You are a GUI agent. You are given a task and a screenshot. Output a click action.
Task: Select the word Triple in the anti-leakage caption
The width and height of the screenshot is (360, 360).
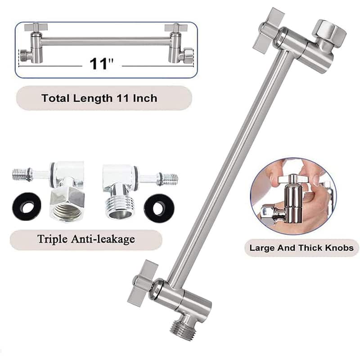coord(51,239)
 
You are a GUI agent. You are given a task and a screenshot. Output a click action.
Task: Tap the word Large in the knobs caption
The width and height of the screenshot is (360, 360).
coord(261,247)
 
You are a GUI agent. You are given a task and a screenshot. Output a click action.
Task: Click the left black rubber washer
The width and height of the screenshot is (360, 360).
coord(26,206)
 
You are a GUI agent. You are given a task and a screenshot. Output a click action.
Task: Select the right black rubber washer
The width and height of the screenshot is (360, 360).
coord(157,207)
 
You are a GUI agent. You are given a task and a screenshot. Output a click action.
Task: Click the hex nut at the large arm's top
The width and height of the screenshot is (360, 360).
coord(329,31)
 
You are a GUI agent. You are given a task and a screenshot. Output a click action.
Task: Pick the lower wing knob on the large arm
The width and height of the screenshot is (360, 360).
coord(141,283)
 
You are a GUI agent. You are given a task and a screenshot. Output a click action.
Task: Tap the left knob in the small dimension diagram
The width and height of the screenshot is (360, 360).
coord(36,28)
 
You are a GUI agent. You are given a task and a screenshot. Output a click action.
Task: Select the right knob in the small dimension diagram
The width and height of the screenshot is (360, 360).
coord(176,28)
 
